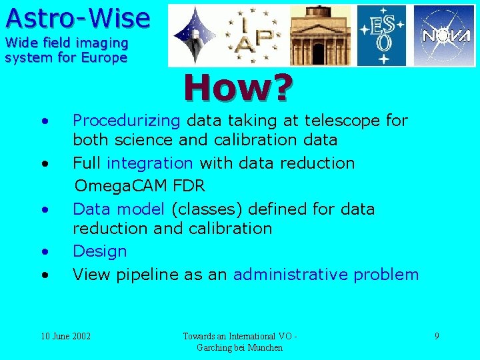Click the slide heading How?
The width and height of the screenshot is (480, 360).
(239, 88)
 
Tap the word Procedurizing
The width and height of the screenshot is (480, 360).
(126, 121)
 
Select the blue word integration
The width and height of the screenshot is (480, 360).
(150, 163)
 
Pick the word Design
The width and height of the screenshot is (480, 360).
(99, 251)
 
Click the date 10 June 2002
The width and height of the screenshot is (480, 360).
(66, 336)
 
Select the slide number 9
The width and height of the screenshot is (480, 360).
(437, 336)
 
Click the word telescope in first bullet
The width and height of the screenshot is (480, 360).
(342, 121)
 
